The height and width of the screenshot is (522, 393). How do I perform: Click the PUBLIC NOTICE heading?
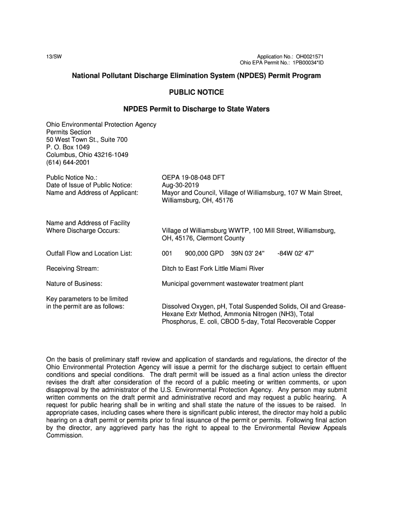196,92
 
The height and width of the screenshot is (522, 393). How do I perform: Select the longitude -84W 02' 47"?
299,253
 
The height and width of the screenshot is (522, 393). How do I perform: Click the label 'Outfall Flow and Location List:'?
89,253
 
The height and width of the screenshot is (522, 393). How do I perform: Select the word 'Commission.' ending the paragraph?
64,436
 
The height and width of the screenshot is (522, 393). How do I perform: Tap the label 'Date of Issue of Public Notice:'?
89,185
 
